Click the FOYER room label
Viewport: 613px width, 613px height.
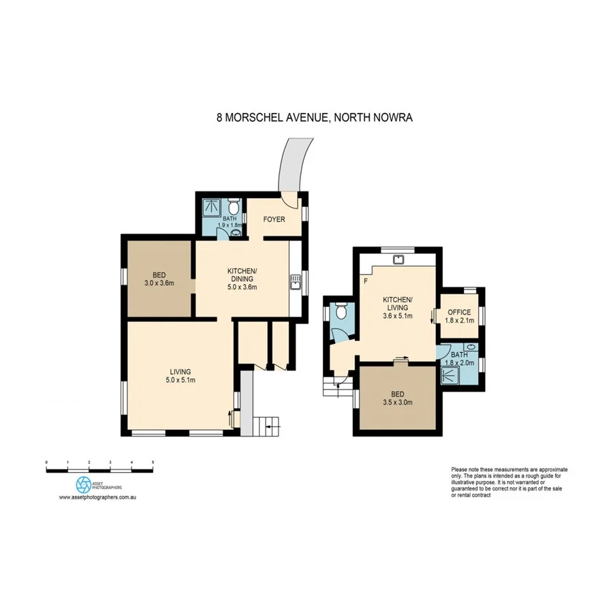274,219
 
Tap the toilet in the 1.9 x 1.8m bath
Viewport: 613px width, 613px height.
233,206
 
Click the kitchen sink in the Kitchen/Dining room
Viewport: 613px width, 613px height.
296,281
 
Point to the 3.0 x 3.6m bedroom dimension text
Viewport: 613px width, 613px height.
159,283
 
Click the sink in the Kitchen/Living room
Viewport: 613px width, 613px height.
400,259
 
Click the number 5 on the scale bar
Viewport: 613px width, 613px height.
153,462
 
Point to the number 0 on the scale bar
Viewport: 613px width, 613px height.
46,462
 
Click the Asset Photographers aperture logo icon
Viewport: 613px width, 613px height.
82,484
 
